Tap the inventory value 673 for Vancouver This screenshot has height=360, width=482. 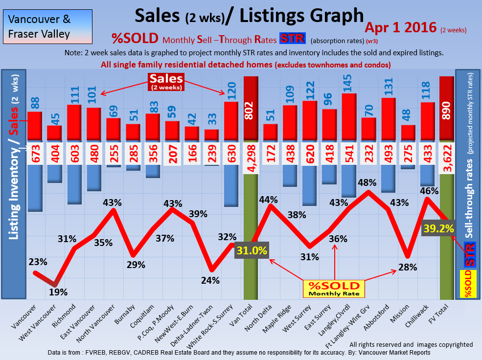click(x=34, y=154)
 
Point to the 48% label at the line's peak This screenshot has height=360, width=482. click(x=367, y=182)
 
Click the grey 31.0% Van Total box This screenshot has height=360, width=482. click(x=252, y=251)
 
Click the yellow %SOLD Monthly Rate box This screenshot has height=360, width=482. click(x=333, y=289)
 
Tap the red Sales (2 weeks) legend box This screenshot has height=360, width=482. click(x=166, y=81)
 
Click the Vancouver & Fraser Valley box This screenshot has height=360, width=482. click(x=47, y=27)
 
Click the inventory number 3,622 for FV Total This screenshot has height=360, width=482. click(x=447, y=154)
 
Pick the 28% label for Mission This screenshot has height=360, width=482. click(x=408, y=267)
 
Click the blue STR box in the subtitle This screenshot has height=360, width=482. click(x=292, y=38)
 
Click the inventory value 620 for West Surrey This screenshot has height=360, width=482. click(x=310, y=154)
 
